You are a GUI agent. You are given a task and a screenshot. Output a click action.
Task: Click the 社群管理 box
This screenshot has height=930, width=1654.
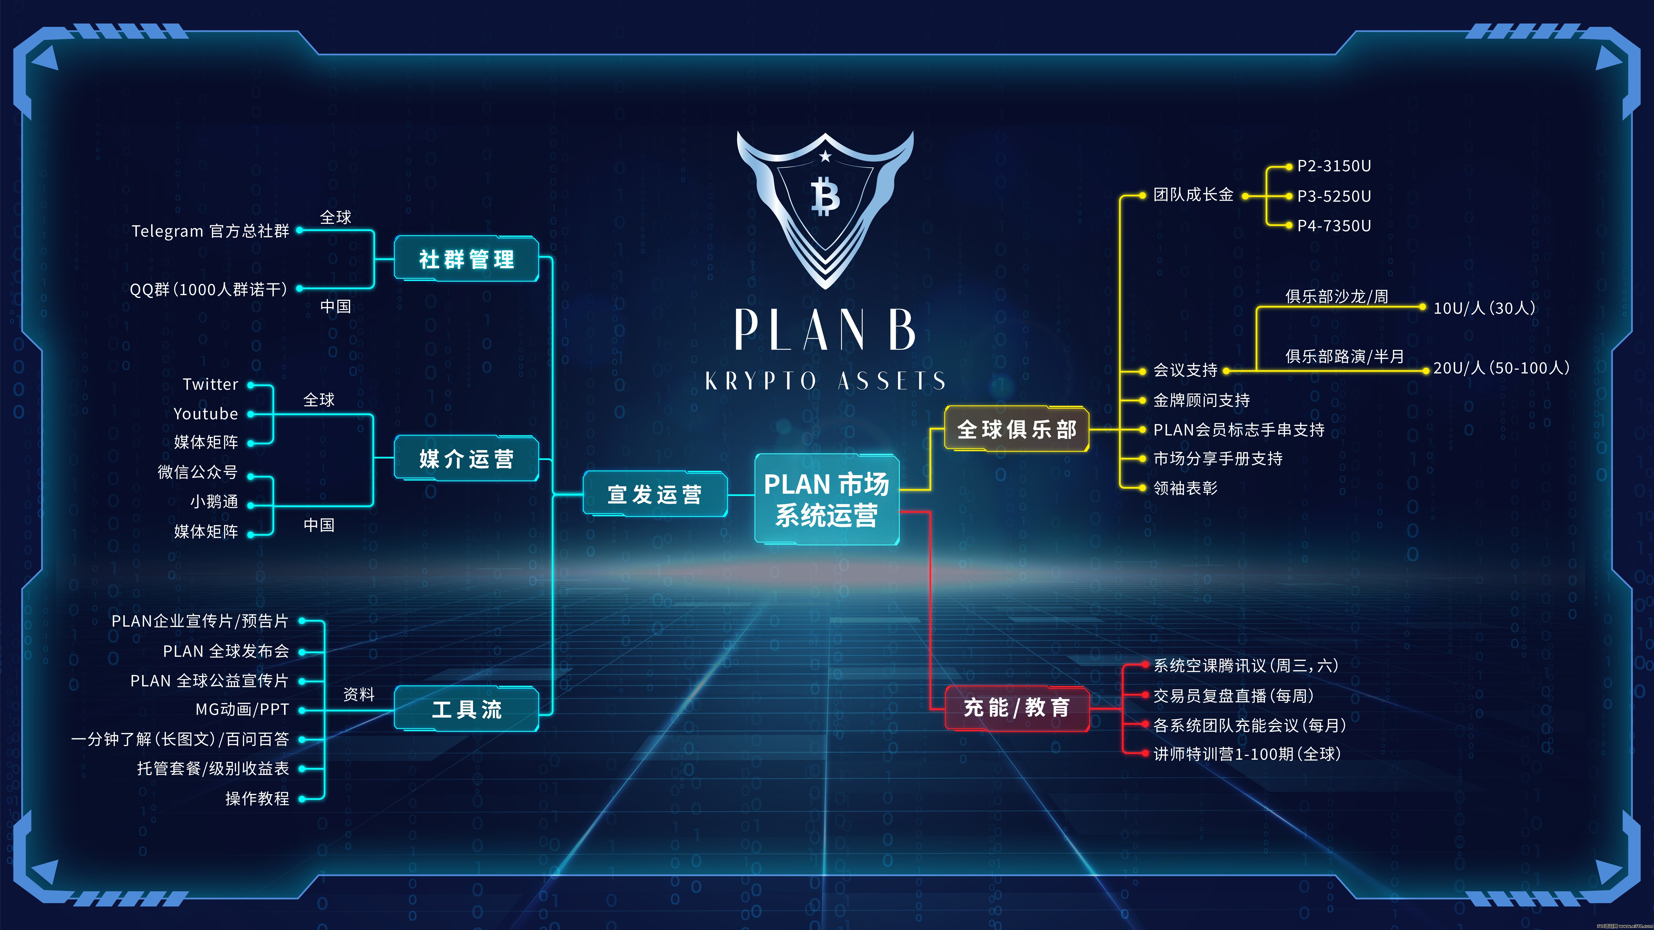coord(466,259)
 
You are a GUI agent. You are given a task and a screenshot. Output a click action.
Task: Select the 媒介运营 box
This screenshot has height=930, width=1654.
coord(466,458)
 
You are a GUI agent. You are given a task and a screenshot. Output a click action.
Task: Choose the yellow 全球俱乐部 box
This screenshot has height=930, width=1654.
coord(1016,429)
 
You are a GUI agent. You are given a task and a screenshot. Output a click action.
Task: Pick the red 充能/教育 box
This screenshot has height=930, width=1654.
coord(1016,708)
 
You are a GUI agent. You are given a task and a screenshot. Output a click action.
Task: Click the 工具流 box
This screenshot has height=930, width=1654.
coord(466,709)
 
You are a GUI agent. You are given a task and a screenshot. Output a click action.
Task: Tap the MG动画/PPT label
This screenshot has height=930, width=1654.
coord(242,709)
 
